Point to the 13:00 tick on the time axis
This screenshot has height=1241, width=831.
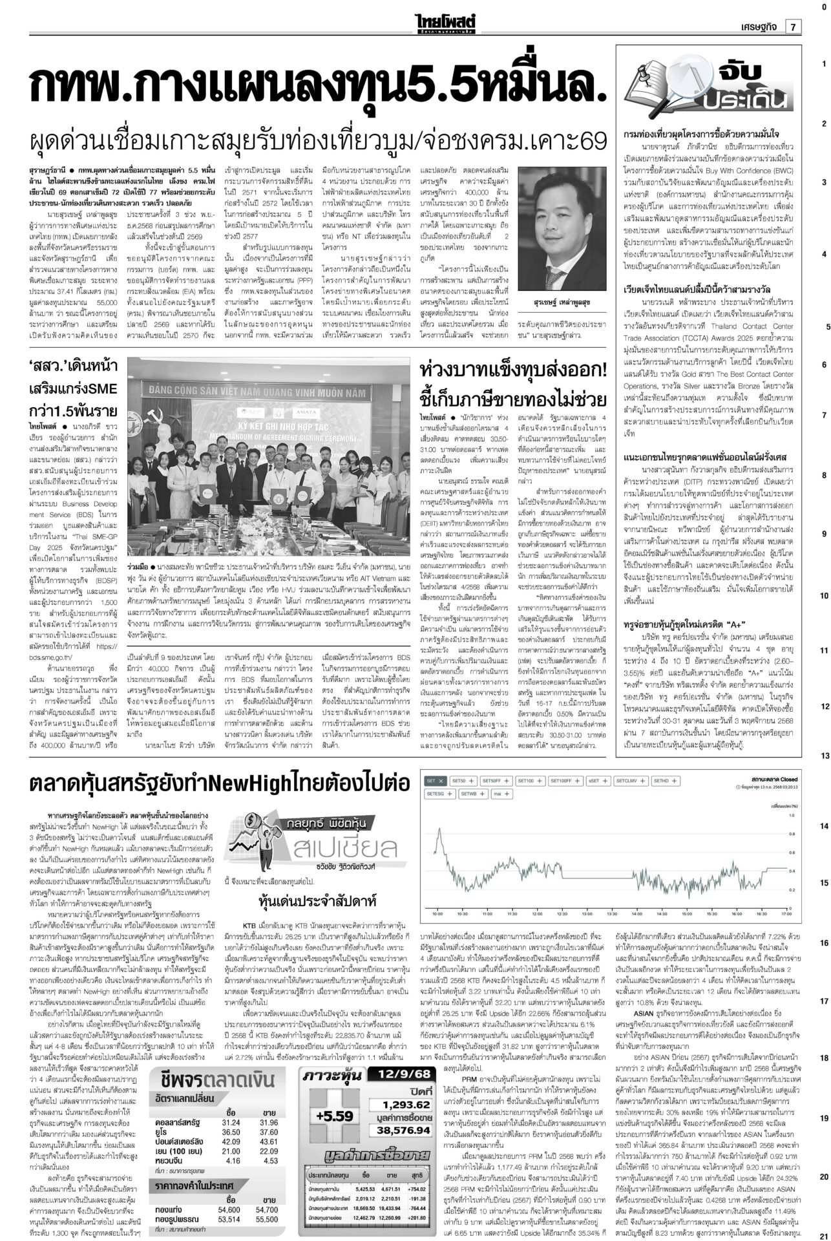click(x=587, y=915)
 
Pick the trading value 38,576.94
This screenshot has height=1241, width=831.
click(x=405, y=1148)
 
